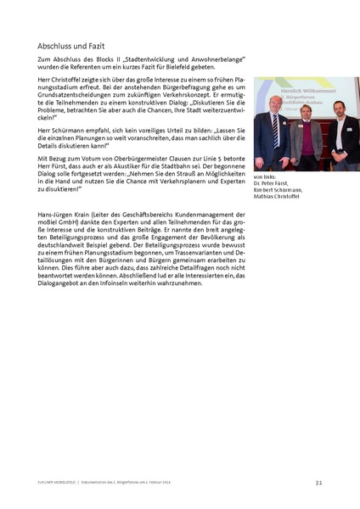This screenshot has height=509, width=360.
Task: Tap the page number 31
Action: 318,482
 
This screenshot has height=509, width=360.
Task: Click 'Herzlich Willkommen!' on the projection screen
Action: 290,89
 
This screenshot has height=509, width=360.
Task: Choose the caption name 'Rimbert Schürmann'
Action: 278,192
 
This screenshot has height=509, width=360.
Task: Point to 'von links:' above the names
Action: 266,178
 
